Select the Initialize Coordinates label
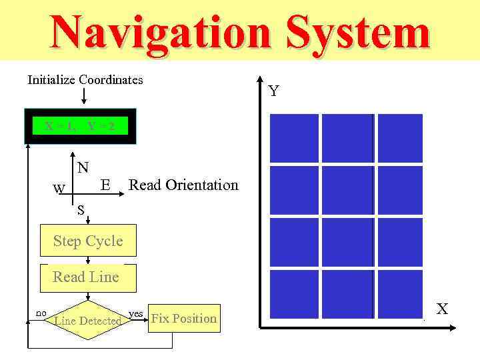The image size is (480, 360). tap(85, 80)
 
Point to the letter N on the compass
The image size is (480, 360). tap(83, 167)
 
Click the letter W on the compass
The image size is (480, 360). tap(59, 189)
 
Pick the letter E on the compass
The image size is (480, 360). tap(105, 185)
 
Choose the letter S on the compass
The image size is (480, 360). tap(80, 211)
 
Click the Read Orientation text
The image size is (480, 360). tap(183, 185)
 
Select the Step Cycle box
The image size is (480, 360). tap(88, 241)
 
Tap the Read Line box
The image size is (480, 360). tap(87, 277)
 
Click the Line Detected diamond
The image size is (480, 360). tap(87, 321)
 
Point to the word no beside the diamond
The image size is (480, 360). tap(41, 312)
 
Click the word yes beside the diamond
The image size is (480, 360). tap(135, 313)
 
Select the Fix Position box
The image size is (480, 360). tap(184, 319)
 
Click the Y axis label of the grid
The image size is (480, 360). tap(274, 91)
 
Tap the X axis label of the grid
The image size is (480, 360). tap(442, 308)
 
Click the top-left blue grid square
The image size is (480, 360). tap(294, 138)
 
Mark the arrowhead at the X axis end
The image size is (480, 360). tap(453, 327)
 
